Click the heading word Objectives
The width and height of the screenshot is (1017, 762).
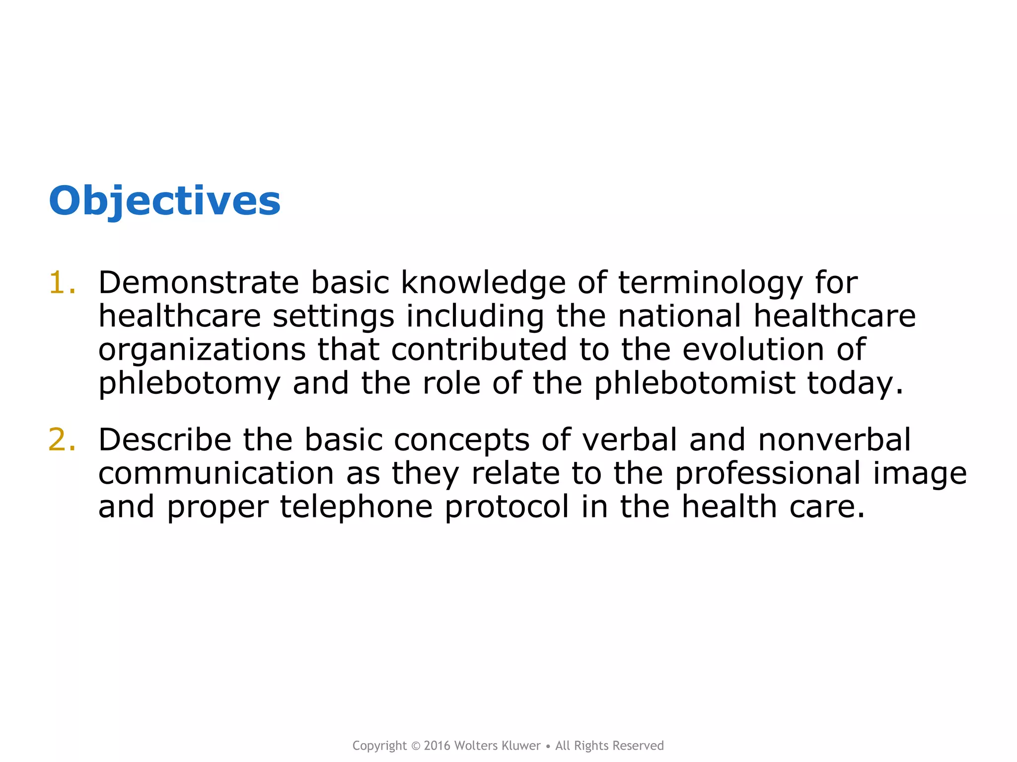pyautogui.click(x=164, y=201)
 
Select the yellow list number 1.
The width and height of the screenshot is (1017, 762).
pyautogui.click(x=62, y=283)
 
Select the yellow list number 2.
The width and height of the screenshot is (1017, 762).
pyautogui.click(x=62, y=440)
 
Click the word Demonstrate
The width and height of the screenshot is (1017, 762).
pyautogui.click(x=198, y=283)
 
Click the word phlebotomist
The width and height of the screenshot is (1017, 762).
pyautogui.click(x=695, y=383)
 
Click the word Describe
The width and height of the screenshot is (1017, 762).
pyautogui.click(x=164, y=440)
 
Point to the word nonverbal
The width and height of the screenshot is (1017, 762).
pyautogui.click(x=834, y=440)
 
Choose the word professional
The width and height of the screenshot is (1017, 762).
pyautogui.click(x=767, y=474)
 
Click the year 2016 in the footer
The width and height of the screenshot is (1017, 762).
pyautogui.click(x=437, y=746)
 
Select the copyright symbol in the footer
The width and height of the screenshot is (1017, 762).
pyautogui.click(x=416, y=746)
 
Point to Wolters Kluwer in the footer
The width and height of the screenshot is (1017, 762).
pyautogui.click(x=497, y=746)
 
